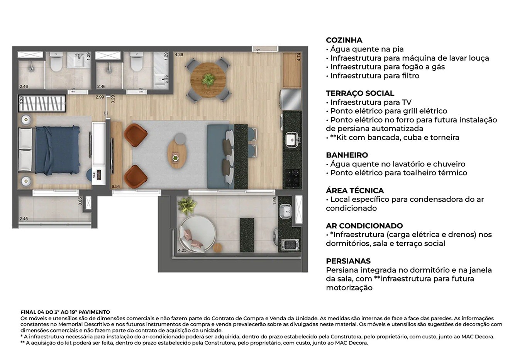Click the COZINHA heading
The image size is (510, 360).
pyautogui.click(x=344, y=40)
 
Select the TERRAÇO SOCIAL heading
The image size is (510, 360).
pyautogui.click(x=360, y=93)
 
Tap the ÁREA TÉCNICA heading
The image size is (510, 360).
pyautogui.click(x=355, y=190)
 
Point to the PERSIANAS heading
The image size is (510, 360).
pyautogui.click(x=348, y=261)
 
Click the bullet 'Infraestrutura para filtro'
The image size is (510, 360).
pyautogui.click(x=374, y=76)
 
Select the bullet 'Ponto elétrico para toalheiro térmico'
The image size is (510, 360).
pyautogui.click(x=398, y=173)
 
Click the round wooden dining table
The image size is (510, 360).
pyautogui.click(x=209, y=79)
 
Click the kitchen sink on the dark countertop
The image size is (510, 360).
pyautogui.click(x=291, y=139)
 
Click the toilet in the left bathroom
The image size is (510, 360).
pyautogui.click(x=56, y=63)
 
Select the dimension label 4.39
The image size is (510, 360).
pyautogui.click(x=179, y=54)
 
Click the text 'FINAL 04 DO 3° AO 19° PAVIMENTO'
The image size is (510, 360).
pyautogui.click(x=65, y=312)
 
